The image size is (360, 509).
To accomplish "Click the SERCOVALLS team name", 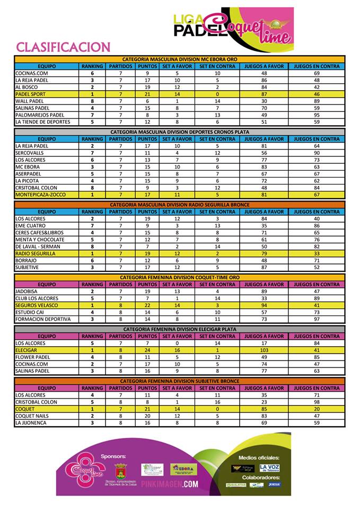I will coord(29,153).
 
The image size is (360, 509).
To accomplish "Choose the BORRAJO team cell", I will coord(26,260).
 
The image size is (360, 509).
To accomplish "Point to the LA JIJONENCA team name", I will coord(31,423).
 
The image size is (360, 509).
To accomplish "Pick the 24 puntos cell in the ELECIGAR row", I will coord(147,350).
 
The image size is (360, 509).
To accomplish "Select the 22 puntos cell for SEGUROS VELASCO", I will coord(147,305).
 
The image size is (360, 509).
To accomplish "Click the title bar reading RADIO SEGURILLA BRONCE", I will coord(180,204).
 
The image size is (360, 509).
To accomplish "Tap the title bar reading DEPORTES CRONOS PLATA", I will coord(180,131).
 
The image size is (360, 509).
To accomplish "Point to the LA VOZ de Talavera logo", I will coord(270,468).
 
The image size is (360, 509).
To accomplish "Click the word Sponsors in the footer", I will coord(113,455).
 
